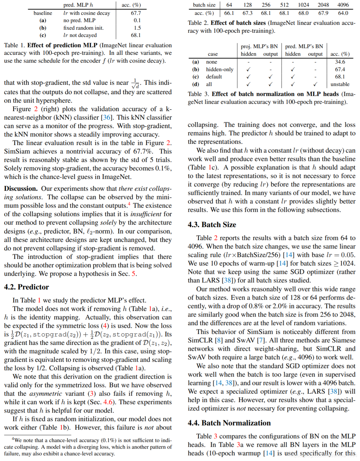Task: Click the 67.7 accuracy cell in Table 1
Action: [x=136, y=13]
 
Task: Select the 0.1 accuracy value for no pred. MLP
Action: [x=137, y=20]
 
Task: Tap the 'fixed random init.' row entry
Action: [x=83, y=28]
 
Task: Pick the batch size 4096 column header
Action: [x=343, y=5]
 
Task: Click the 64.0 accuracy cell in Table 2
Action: [x=343, y=13]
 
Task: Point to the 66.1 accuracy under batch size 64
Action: [x=229, y=13]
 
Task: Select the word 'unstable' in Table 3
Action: [x=340, y=84]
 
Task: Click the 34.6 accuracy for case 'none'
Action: [x=340, y=62]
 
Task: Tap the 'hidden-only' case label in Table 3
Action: [x=220, y=69]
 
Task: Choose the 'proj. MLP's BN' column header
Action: [x=259, y=46]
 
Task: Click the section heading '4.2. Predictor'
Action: [x=26, y=287]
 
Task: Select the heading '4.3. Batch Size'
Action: [x=212, y=225]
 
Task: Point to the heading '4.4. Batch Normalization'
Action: [x=229, y=423]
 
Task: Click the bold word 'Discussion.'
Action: [x=21, y=189]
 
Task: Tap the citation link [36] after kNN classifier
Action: [x=106, y=117]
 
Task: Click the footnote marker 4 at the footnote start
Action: [x=13, y=439]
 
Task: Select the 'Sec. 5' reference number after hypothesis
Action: [x=133, y=274]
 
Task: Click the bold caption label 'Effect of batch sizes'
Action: [x=238, y=23]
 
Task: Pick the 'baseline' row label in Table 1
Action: [x=43, y=13]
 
